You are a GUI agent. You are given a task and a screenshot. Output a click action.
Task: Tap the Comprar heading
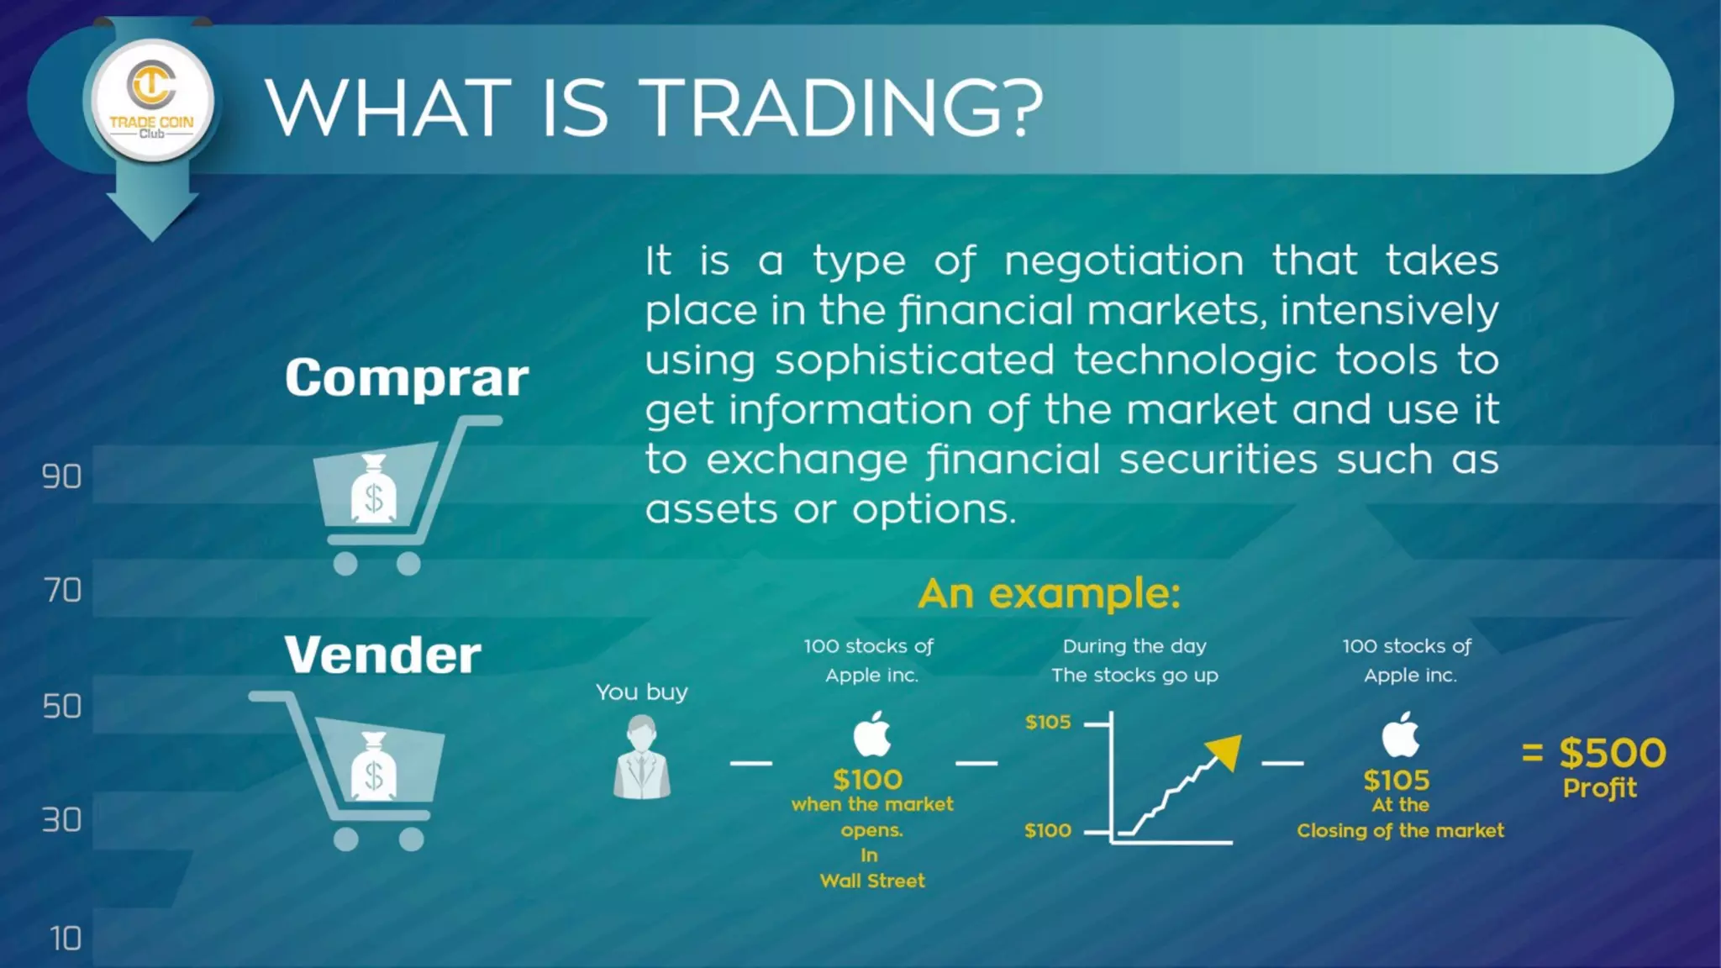point(407,378)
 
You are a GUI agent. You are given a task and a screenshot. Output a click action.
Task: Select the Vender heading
point(382,655)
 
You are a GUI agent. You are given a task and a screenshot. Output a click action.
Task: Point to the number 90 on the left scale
point(62,477)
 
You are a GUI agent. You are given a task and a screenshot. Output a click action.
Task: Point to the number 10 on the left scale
point(66,939)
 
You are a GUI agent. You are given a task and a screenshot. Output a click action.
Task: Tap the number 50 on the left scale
point(62,707)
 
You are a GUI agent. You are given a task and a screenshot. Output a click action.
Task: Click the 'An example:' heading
point(1049,593)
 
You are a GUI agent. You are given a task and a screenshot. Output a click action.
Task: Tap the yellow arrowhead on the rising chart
point(1224,750)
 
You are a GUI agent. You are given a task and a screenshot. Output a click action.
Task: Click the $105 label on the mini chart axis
point(1048,723)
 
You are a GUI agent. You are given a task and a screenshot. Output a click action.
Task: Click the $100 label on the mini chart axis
point(1048,831)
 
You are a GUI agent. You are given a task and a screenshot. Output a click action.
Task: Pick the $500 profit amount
point(1612,753)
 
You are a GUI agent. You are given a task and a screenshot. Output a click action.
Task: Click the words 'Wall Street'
point(871,881)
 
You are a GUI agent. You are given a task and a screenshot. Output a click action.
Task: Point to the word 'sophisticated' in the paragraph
point(914,360)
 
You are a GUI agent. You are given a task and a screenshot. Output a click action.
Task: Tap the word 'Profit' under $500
point(1599,789)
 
